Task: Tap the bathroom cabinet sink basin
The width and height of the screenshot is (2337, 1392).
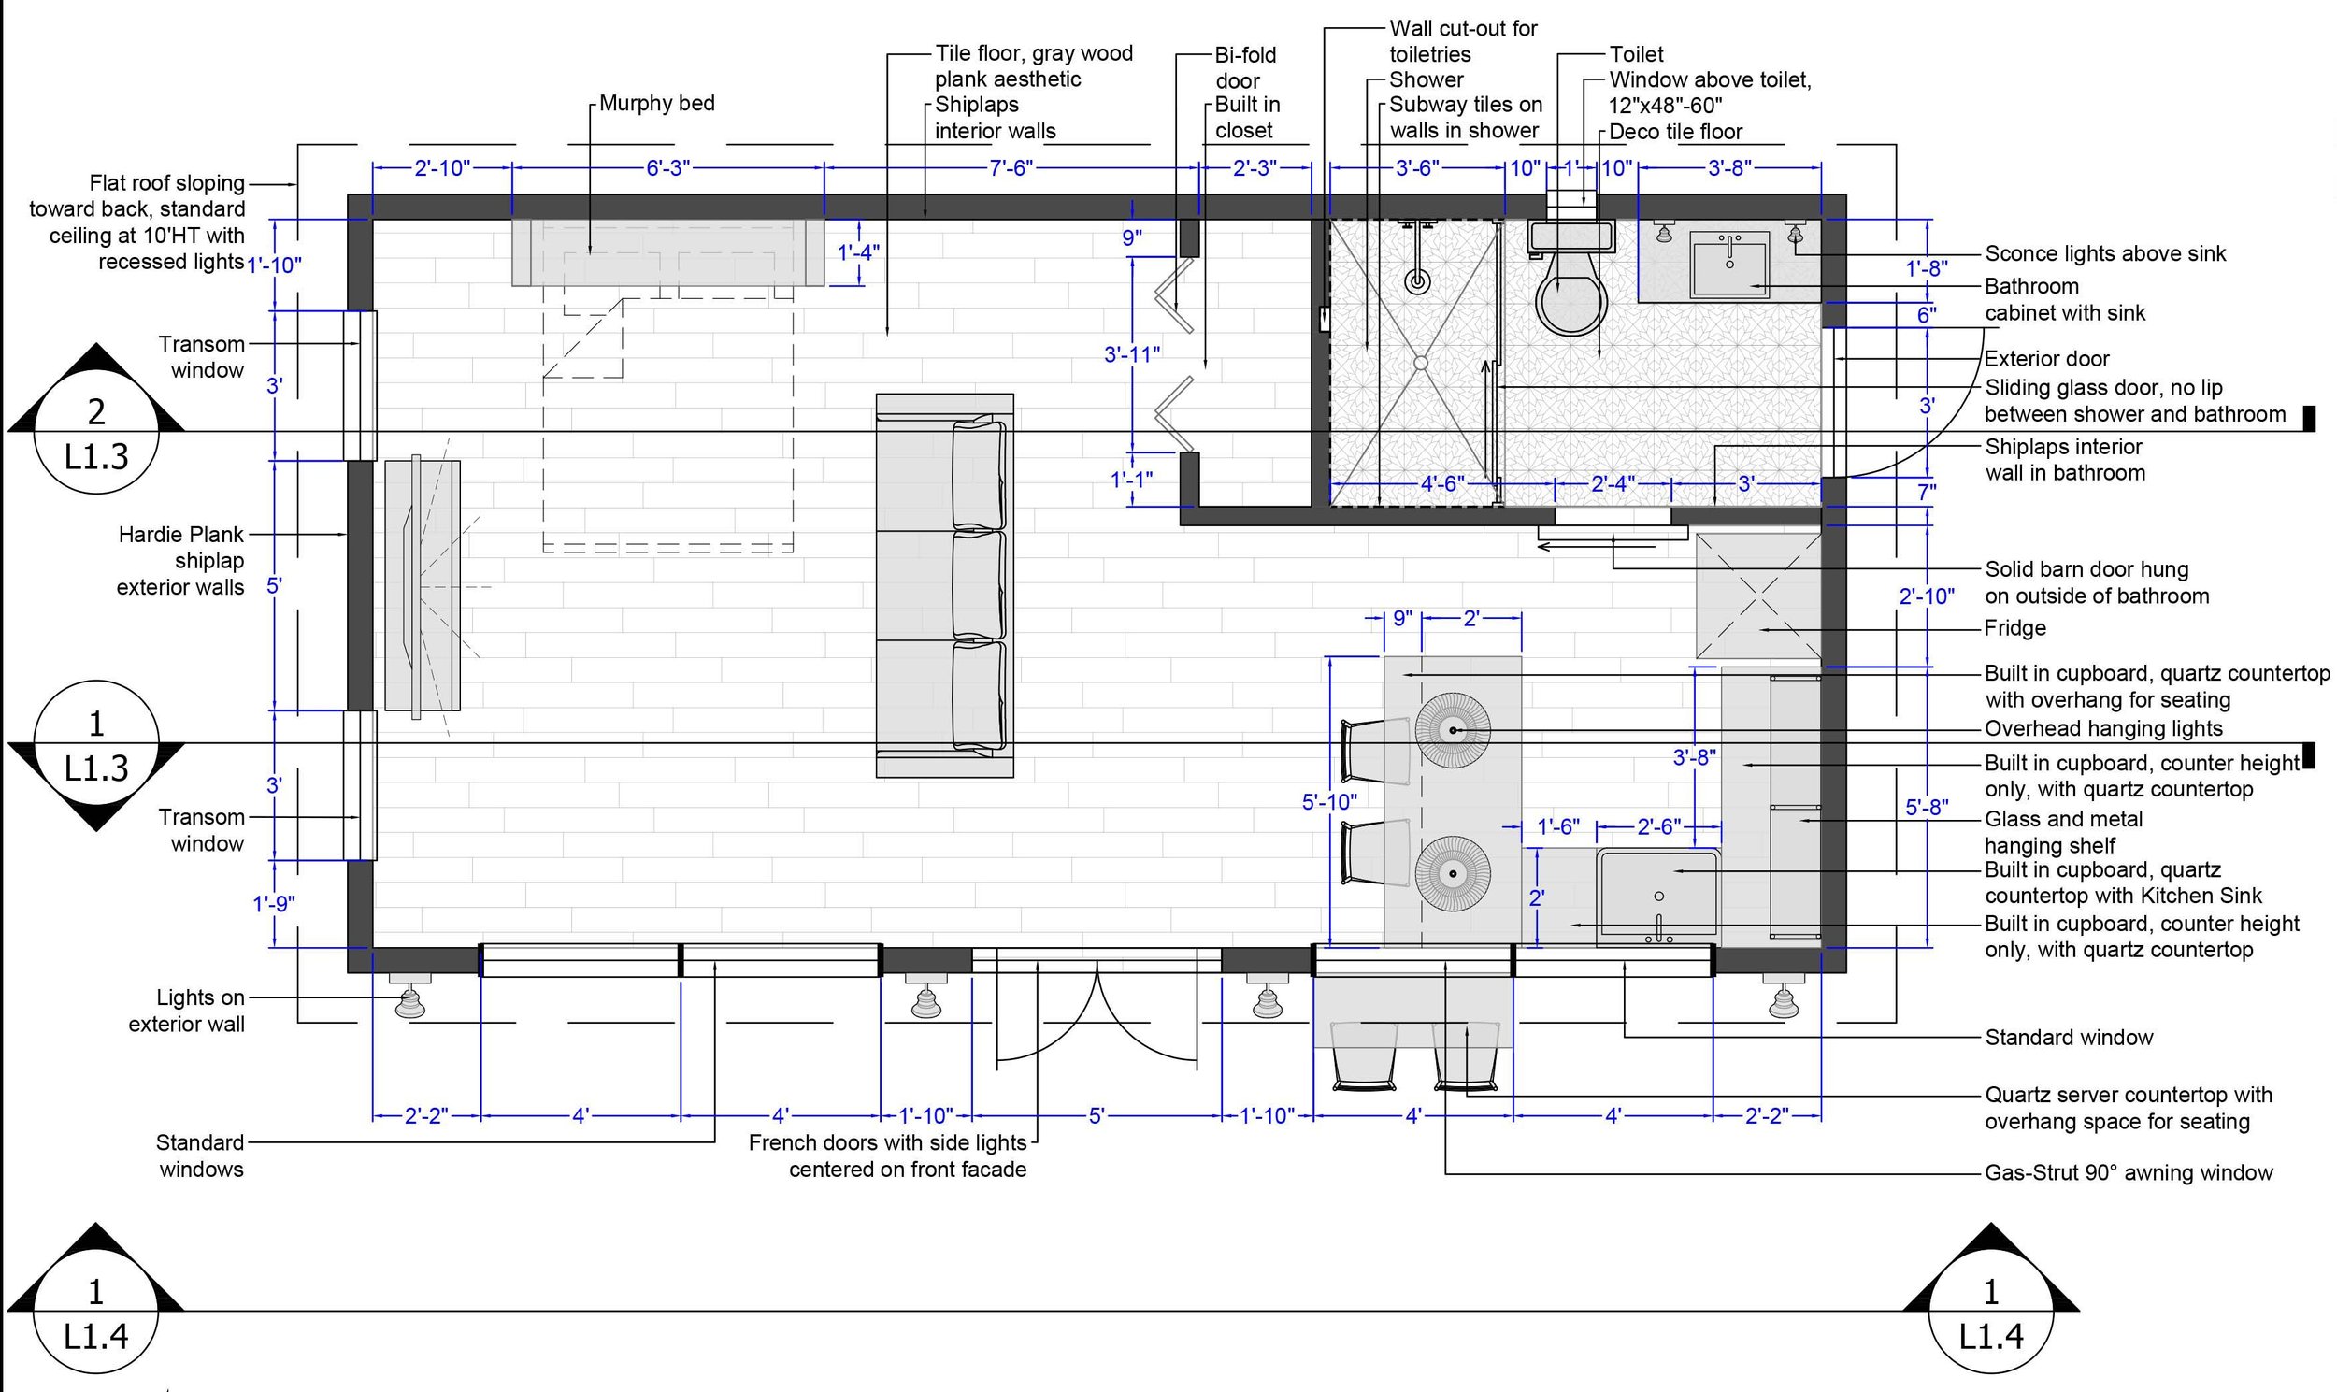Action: [1729, 265]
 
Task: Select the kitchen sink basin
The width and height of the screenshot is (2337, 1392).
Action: [1658, 897]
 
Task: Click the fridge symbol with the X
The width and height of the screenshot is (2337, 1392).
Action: [1758, 596]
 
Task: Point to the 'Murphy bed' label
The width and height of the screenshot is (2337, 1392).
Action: [656, 103]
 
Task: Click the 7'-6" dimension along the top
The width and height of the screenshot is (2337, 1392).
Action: [1011, 168]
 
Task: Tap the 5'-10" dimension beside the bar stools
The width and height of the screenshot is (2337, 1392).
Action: [1329, 802]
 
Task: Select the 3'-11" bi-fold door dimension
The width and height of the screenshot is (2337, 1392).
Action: [1132, 353]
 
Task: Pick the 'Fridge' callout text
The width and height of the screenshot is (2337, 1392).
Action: [2014, 628]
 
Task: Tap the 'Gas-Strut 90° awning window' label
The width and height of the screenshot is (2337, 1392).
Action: [2128, 1172]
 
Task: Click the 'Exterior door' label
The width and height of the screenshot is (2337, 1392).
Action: [2046, 359]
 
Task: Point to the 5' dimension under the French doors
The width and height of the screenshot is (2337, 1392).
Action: [1097, 1116]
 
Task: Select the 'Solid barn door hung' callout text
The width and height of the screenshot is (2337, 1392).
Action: [2086, 569]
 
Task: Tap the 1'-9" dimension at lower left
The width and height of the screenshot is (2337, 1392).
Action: [274, 904]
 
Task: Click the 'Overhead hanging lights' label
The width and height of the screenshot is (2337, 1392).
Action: [2103, 729]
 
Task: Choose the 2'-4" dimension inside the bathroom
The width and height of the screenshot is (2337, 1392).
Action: [1613, 484]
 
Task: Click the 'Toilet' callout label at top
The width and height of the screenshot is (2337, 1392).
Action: [1637, 54]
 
